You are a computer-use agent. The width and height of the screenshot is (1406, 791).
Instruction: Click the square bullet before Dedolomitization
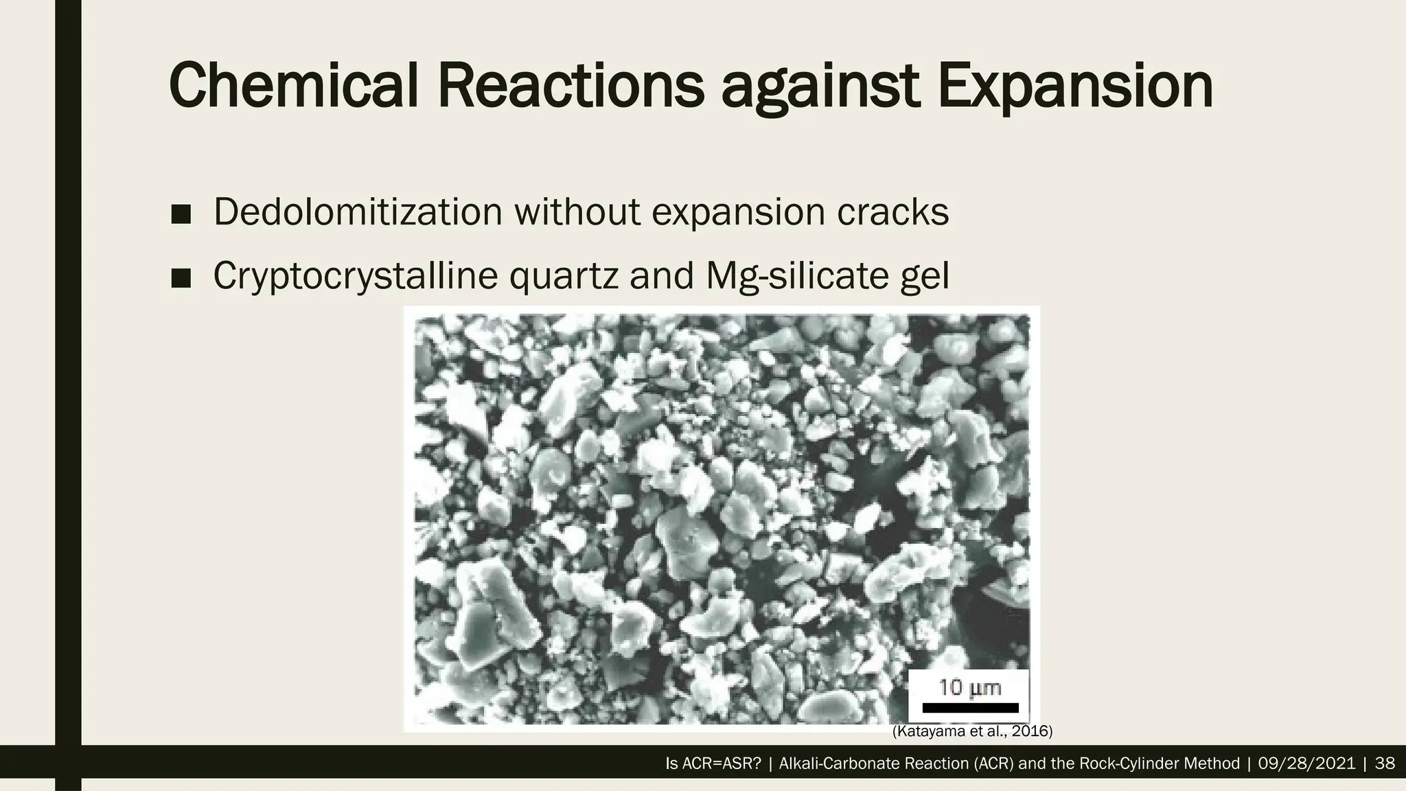point(181,214)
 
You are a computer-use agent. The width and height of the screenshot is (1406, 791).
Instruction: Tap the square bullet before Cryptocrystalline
point(181,278)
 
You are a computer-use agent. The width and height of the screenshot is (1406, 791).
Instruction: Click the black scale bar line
point(970,708)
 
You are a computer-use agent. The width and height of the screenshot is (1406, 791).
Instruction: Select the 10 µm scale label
point(970,687)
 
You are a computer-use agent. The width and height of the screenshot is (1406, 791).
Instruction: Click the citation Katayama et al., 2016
point(972,732)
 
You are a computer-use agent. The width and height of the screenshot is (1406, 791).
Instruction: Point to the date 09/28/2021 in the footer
point(1307,764)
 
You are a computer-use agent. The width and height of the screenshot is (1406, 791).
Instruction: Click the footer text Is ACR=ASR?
point(713,764)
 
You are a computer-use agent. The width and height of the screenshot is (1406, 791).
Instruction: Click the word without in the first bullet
point(577,211)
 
